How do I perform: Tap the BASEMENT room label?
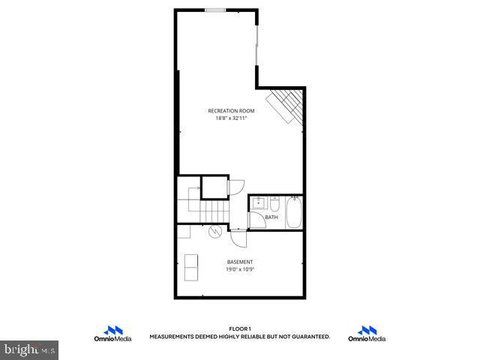[x=240, y=262]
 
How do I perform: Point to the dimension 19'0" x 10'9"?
[x=240, y=269]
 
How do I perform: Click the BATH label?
[x=271, y=217]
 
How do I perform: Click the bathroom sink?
[x=259, y=202]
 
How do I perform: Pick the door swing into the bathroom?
[x=254, y=218]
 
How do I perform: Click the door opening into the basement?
[x=238, y=239]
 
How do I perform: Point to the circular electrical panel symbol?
[x=214, y=232]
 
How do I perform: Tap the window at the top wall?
[x=216, y=10]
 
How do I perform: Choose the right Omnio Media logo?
[x=367, y=334]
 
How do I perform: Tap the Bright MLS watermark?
[x=30, y=349]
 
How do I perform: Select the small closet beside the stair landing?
[x=215, y=187]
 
